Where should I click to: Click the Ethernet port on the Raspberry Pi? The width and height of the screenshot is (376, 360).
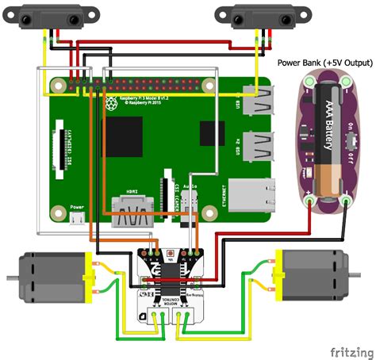click(x=258, y=193)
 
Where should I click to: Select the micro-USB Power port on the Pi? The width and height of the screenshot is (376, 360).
click(x=77, y=219)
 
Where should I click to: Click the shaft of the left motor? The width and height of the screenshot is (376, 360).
click(x=10, y=278)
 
